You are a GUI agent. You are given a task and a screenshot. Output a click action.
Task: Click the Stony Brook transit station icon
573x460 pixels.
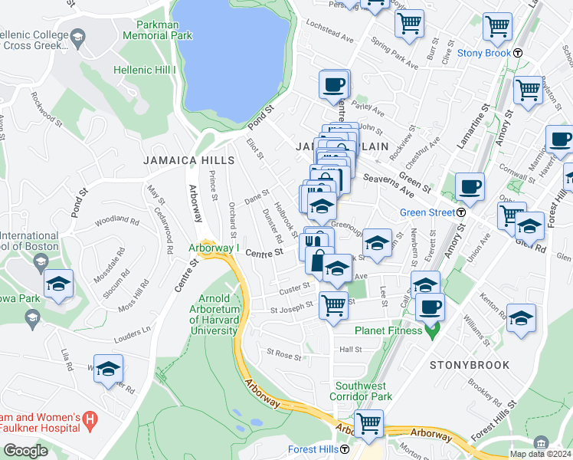click(x=518, y=53)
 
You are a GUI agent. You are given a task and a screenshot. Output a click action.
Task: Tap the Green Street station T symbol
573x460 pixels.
click(x=463, y=212)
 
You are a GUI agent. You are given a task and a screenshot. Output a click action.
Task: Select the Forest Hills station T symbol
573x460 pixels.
click(x=345, y=449)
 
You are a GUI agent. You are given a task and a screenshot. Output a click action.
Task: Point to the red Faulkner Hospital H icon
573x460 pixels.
click(x=90, y=420)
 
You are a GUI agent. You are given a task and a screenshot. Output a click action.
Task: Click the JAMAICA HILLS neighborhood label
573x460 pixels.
click(x=188, y=160)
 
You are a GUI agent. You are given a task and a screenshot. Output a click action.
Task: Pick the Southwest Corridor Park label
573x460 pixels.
click(x=361, y=391)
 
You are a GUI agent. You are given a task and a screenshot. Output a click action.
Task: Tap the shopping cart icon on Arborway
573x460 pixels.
click(x=369, y=422)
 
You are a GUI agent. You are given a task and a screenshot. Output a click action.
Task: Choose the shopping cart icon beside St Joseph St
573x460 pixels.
click(x=333, y=305)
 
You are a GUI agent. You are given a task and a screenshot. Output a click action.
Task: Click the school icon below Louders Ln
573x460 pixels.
click(x=109, y=369)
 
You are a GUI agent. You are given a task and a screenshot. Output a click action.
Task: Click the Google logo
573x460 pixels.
click(x=25, y=451)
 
